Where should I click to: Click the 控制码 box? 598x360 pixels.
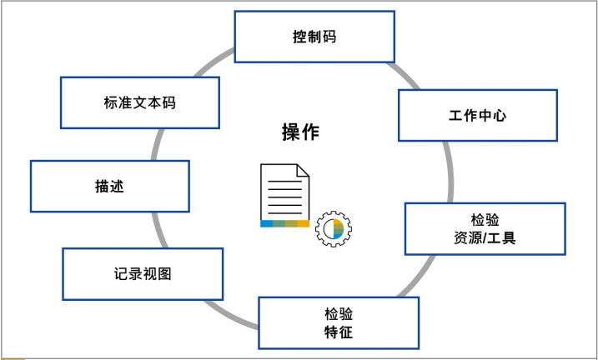pos(314,37)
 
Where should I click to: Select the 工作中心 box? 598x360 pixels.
pos(478,115)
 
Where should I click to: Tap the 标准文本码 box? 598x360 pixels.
pos(140,102)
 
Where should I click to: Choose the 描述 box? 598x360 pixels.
pos(109,186)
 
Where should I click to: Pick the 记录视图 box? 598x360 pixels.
pos(143,273)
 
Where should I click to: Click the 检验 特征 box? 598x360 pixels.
pos(338,323)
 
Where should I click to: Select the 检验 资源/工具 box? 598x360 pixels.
pos(485,228)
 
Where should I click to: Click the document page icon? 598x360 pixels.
pos(284,192)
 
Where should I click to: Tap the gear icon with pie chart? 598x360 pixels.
pos(334,229)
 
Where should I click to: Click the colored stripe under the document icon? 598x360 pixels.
pos(284,223)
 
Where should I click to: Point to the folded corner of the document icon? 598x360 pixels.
pos(303,170)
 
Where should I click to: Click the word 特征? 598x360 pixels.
pos(338,332)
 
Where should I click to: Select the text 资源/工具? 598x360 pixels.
pos(485,238)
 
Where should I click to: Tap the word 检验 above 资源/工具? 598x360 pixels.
pos(485,219)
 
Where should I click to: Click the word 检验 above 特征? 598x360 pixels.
pos(338,314)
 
